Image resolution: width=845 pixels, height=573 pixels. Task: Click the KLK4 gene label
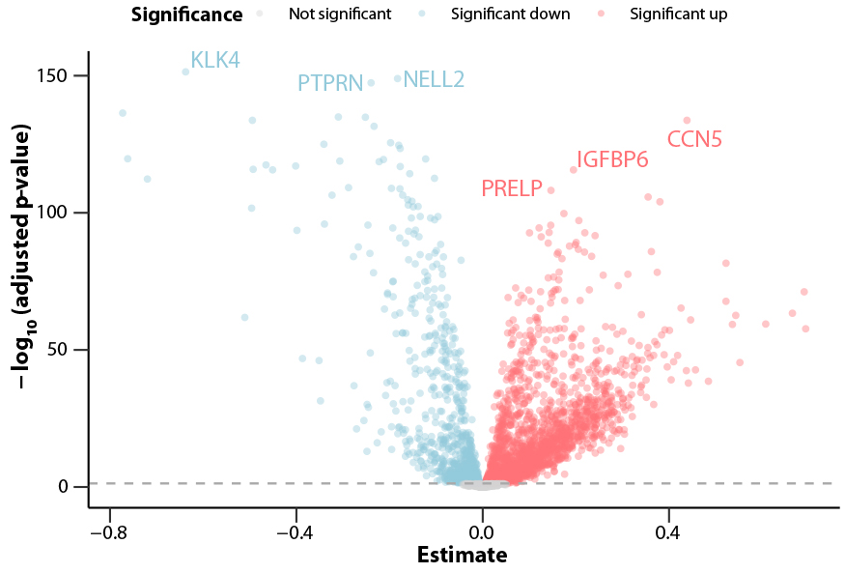click(x=214, y=61)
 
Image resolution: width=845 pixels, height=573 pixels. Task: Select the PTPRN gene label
click(x=329, y=83)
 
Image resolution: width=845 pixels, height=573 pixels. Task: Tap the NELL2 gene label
click(x=434, y=79)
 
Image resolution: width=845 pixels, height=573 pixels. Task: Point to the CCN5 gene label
click(x=694, y=140)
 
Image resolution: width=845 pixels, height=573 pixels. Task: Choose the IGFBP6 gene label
click(x=612, y=160)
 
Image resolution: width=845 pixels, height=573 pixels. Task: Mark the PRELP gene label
click(x=512, y=189)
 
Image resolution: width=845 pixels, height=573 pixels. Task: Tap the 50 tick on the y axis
click(x=69, y=350)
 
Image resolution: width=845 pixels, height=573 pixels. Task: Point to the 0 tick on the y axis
click(x=73, y=487)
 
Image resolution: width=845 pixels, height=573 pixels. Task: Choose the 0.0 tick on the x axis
click(x=482, y=531)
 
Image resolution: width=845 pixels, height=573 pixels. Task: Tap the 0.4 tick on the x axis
click(x=668, y=531)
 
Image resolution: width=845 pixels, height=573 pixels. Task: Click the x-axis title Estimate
click(x=462, y=556)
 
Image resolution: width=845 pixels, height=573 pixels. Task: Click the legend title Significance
click(x=186, y=14)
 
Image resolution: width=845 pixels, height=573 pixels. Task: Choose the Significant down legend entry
click(x=501, y=14)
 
